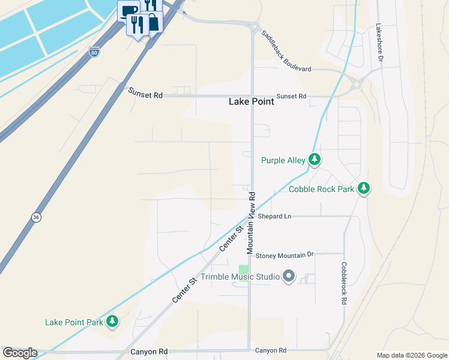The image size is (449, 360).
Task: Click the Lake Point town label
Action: (251, 102)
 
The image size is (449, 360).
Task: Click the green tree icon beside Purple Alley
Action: (314, 160)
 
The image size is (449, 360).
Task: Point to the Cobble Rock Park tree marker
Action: (363, 189)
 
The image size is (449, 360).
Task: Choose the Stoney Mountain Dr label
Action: (285, 255)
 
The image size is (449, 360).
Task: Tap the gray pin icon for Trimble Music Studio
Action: (289, 277)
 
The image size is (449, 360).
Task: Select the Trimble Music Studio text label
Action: (240, 277)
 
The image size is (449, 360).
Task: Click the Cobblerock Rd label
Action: (344, 283)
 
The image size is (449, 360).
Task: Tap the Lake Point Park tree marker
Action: (112, 322)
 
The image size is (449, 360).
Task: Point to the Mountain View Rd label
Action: (252, 223)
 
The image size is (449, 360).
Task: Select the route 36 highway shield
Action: (36, 217)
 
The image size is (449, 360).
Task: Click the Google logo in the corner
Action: (20, 353)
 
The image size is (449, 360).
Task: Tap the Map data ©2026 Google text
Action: (411, 355)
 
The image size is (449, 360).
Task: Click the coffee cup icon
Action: (129, 10)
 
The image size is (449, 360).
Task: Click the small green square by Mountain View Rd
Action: (244, 270)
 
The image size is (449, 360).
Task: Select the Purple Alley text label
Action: (283, 160)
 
